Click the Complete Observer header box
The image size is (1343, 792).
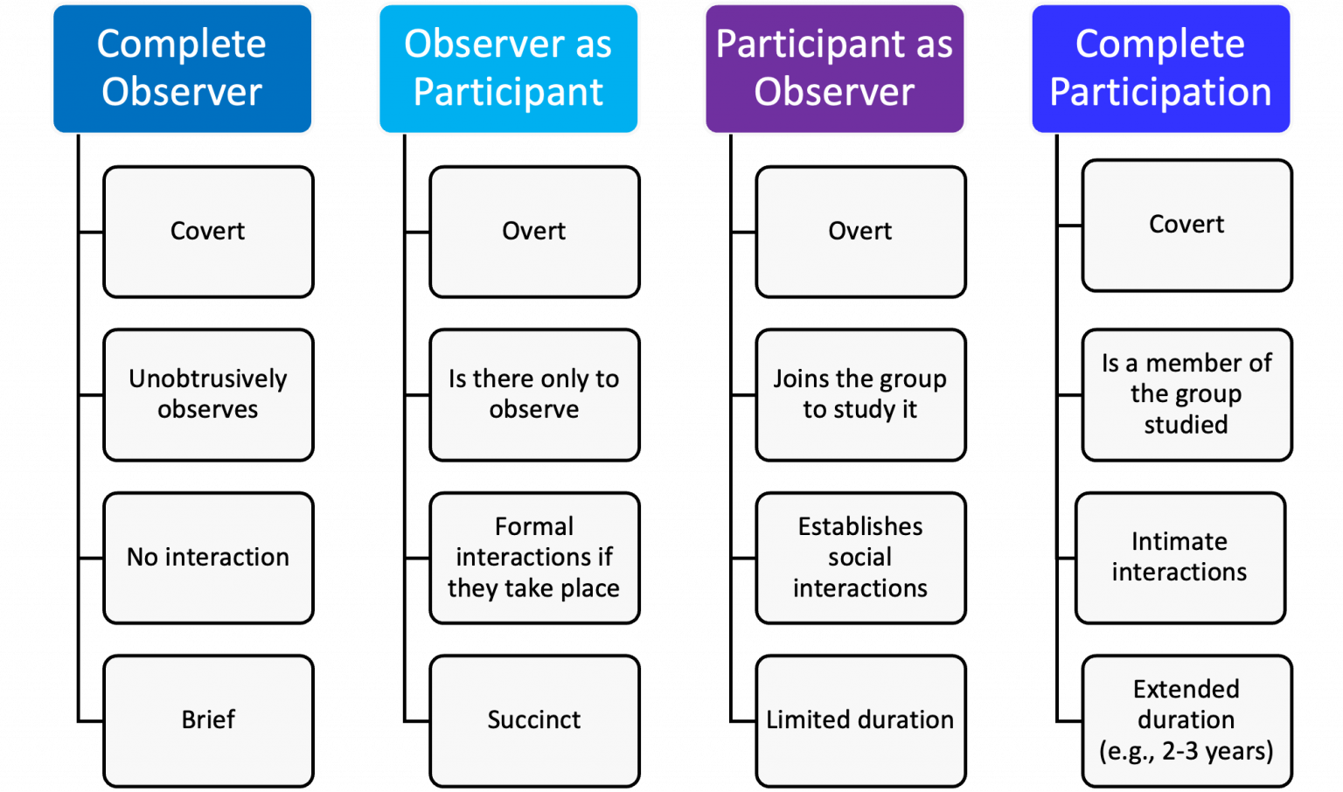182,69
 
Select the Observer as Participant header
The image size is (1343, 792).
508,69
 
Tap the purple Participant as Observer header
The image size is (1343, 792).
834,69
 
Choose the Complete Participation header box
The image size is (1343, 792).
1160,69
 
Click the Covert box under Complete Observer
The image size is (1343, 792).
208,232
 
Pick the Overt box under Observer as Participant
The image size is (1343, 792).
534,232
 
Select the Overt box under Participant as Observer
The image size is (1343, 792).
860,232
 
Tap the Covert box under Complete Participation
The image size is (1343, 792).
1186,225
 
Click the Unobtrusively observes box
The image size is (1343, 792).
208,394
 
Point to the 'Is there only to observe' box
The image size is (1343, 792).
534,394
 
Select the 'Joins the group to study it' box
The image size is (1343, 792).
860,394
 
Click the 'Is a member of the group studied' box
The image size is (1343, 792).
1186,394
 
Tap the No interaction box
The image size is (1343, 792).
208,558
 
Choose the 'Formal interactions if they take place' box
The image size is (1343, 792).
534,558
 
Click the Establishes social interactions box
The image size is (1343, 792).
860,558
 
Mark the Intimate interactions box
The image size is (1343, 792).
1179,558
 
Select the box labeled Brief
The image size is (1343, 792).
208,720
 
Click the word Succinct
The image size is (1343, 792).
534,720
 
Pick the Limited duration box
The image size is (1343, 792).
860,720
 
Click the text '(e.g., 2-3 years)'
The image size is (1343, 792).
1186,751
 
